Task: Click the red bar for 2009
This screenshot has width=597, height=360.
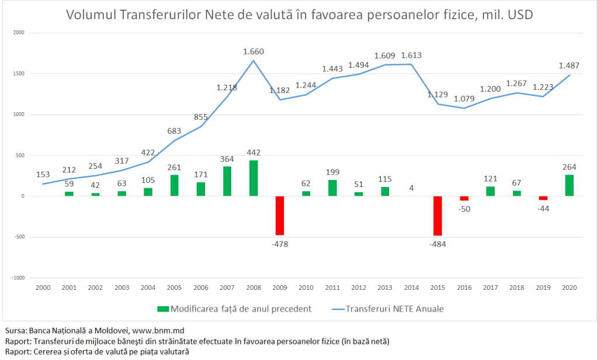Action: pyautogui.click(x=280, y=215)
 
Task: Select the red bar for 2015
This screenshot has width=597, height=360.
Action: pyautogui.click(x=438, y=216)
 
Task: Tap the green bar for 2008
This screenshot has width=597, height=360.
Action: pyautogui.click(x=254, y=178)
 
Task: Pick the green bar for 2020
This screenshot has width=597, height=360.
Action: pyautogui.click(x=570, y=185)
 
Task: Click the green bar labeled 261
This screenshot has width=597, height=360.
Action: pyautogui.click(x=175, y=185)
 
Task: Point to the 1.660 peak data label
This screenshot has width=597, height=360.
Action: pyautogui.click(x=254, y=51)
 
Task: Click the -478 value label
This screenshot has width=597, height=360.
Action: pyautogui.click(x=280, y=244)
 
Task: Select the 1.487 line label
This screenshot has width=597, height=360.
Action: pyautogui.click(x=569, y=65)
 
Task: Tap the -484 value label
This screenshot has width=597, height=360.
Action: pyautogui.click(x=438, y=244)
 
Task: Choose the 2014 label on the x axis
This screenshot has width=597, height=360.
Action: pyautogui.click(x=411, y=288)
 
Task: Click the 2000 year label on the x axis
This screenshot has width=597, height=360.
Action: pyautogui.click(x=43, y=288)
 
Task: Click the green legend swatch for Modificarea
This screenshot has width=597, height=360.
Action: pyautogui.click(x=163, y=308)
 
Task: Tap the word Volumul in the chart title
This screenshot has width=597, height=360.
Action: pyautogui.click(x=91, y=15)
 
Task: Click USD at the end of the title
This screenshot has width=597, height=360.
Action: pyautogui.click(x=519, y=15)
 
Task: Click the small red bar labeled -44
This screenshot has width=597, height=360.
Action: pyautogui.click(x=543, y=198)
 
